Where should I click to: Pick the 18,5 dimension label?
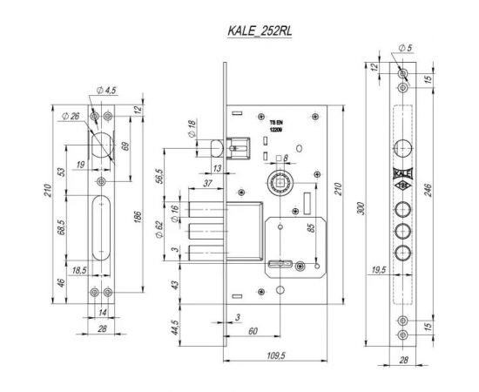pos(80,271)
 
